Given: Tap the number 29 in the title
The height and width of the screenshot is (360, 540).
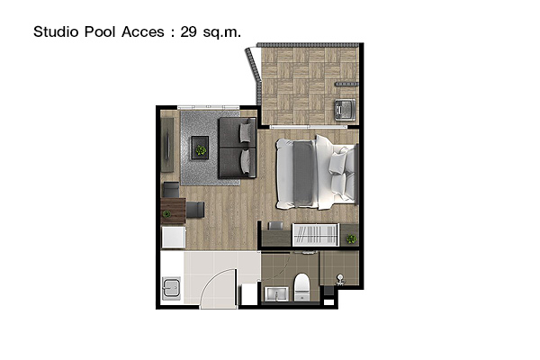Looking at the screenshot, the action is pyautogui.click(x=188, y=31).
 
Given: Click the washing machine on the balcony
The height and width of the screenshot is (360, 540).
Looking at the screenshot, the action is pyautogui.click(x=345, y=110).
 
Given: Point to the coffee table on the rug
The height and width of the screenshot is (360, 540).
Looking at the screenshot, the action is pyautogui.click(x=200, y=148).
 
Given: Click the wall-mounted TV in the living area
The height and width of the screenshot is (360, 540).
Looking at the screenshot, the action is pyautogui.click(x=167, y=145).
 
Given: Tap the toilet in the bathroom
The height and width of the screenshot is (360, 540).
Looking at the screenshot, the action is pyautogui.click(x=302, y=287).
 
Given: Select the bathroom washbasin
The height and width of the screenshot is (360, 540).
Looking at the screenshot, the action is pyautogui.click(x=276, y=293).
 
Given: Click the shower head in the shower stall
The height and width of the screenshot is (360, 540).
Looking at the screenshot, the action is pyautogui.click(x=340, y=279).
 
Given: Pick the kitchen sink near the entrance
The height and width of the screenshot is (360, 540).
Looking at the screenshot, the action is pyautogui.click(x=171, y=288).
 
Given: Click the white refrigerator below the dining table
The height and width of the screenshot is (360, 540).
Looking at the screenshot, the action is pyautogui.click(x=174, y=237).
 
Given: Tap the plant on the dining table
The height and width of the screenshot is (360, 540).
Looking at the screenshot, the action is pyautogui.click(x=166, y=214).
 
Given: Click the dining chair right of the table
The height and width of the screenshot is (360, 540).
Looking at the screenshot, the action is pyautogui.click(x=195, y=210).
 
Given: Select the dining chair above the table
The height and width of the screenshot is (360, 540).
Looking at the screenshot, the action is pyautogui.click(x=171, y=190).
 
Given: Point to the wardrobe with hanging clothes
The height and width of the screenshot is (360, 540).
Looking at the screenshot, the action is pyautogui.click(x=316, y=235).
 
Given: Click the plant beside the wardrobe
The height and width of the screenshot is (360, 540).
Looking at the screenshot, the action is pyautogui.click(x=352, y=238).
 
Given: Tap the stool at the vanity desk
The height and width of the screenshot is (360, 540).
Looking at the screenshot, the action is pyautogui.click(x=275, y=226).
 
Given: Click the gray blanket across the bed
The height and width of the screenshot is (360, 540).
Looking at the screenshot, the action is pyautogui.click(x=303, y=174).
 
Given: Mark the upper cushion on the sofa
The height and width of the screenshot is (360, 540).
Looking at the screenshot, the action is pyautogui.click(x=246, y=132).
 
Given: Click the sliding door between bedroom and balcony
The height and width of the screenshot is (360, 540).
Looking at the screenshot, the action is pyautogui.click(x=308, y=127).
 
